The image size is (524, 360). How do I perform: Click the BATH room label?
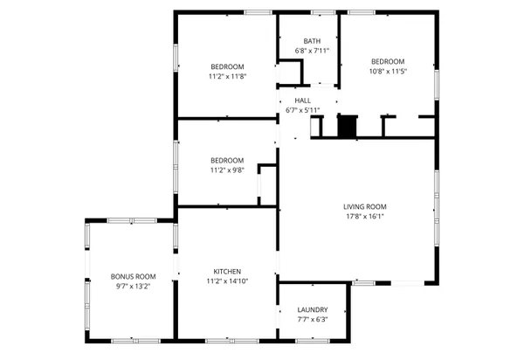tap(312, 41)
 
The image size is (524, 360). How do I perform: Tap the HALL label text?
tap(302, 100)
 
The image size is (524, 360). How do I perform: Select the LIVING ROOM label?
tap(364, 206)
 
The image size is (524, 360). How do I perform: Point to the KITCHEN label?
tap(227, 271)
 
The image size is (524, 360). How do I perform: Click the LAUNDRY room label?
tap(312, 309)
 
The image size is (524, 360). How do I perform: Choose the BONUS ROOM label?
tap(133, 276)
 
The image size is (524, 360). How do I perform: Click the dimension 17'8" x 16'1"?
tap(364, 217)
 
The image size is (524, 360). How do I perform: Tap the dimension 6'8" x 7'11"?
tap(312, 51)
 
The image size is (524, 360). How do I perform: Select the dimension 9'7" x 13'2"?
tap(133, 286)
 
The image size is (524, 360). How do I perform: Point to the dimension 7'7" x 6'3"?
tap(312, 319)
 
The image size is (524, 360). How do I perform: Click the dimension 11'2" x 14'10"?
tap(227, 280)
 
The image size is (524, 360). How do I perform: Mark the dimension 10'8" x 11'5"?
tap(388, 71)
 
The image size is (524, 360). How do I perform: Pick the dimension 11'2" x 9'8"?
tap(227, 170)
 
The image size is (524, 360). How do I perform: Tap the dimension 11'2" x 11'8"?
tap(227, 76)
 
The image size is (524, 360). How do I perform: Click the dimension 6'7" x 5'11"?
tap(302, 110)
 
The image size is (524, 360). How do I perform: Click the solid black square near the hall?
tap(348, 127)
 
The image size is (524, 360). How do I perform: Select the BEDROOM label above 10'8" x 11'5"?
tap(388, 61)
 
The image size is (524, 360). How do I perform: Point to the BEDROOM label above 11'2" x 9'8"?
tap(227, 160)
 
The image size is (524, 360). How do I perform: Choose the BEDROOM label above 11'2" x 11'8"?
tap(227, 66)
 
